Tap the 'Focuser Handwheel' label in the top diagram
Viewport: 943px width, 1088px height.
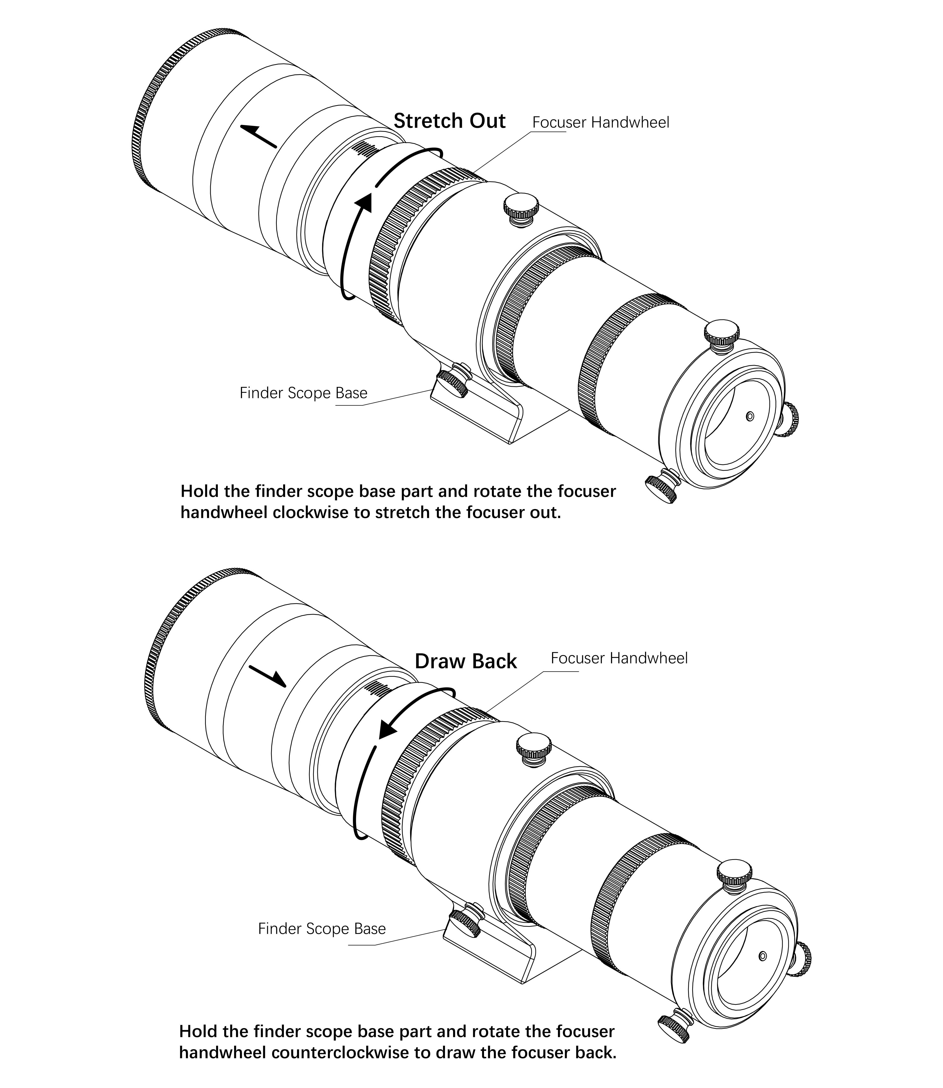[x=600, y=123]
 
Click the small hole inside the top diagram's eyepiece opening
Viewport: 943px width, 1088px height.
[x=750, y=416]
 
